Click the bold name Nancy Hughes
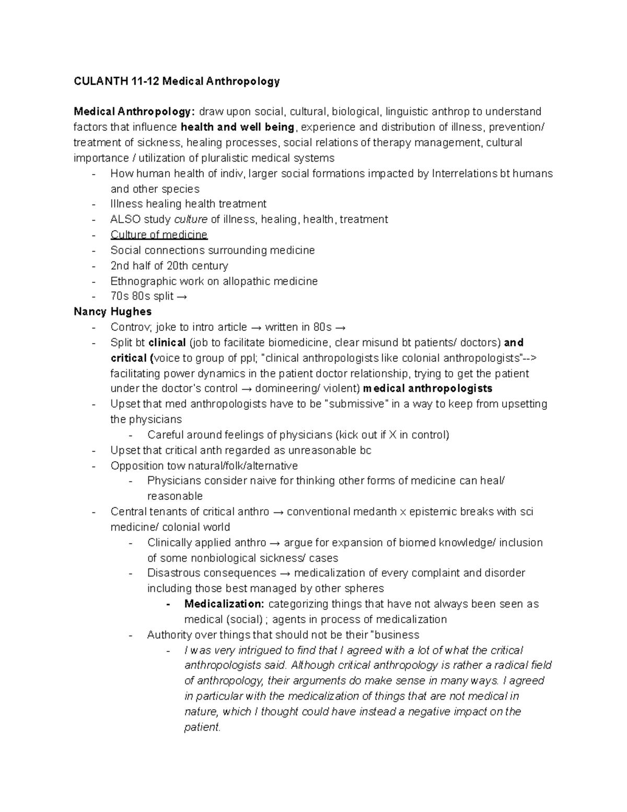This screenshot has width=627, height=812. [x=112, y=312]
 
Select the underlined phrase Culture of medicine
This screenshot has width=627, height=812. [x=159, y=235]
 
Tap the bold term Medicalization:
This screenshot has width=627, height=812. [x=224, y=604]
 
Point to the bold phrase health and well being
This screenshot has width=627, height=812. [x=237, y=127]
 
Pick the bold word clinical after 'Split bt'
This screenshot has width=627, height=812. [x=167, y=343]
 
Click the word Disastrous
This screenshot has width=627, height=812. [x=174, y=573]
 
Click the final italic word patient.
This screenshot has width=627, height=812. [x=203, y=727]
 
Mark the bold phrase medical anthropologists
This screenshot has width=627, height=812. [x=427, y=388]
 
